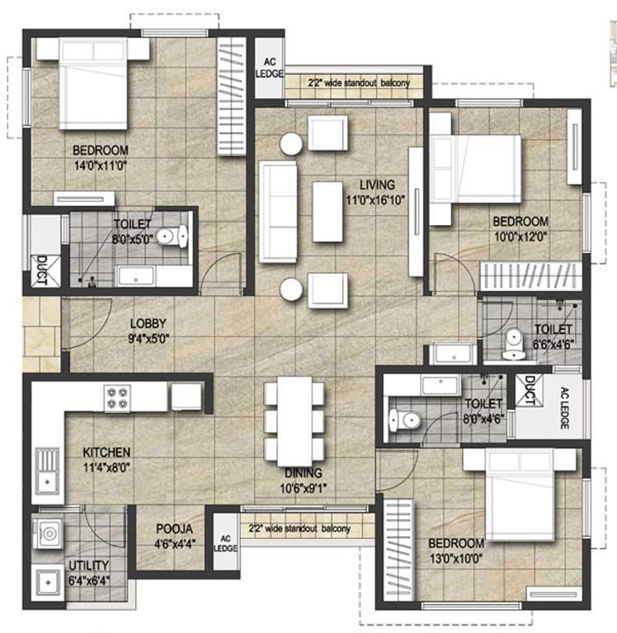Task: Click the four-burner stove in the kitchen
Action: (118, 398)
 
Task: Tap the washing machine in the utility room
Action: (48, 534)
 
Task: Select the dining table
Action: (294, 421)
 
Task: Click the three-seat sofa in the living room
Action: (278, 212)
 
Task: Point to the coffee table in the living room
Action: (327, 212)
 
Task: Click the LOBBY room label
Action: (148, 323)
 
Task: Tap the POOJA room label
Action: (174, 528)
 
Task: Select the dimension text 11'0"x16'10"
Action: (376, 199)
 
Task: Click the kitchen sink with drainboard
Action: (48, 471)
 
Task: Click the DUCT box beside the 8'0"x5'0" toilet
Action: (42, 270)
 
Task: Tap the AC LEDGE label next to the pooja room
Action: (225, 543)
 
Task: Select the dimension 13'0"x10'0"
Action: (456, 559)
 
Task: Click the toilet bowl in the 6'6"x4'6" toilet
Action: (514, 345)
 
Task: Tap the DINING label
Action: (303, 473)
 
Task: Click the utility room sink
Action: (49, 583)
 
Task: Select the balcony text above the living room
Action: (359, 83)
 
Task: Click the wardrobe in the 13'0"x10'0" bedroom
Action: (398, 550)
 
